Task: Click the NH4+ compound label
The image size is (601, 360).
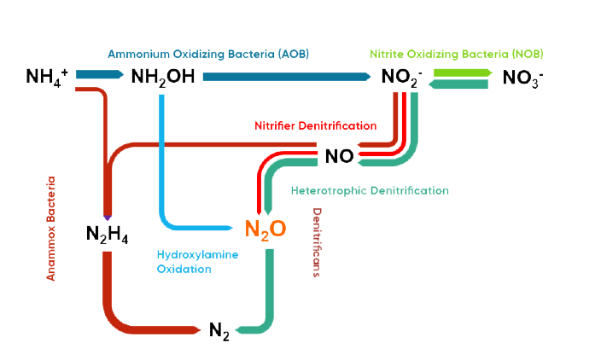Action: tap(47, 77)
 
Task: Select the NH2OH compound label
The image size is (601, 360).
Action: tap(163, 77)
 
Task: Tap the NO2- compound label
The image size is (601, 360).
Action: tap(401, 78)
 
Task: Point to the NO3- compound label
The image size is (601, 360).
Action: tap(523, 78)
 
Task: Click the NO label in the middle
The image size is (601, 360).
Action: tap(339, 157)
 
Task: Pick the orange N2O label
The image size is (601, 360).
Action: tap(265, 229)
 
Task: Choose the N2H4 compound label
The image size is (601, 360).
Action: tap(108, 233)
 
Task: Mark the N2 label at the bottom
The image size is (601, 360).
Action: tap(219, 331)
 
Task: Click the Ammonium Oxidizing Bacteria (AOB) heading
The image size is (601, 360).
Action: tap(208, 54)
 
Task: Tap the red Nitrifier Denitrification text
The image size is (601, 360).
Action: tap(315, 125)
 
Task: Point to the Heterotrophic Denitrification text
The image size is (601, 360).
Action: tap(369, 190)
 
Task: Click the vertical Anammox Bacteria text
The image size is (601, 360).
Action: tap(51, 229)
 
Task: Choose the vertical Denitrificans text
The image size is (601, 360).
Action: tap(316, 244)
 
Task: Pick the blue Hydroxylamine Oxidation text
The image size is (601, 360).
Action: tap(197, 262)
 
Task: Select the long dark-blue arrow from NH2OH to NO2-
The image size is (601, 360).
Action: tap(286, 77)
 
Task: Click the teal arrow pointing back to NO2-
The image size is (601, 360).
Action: tap(458, 84)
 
